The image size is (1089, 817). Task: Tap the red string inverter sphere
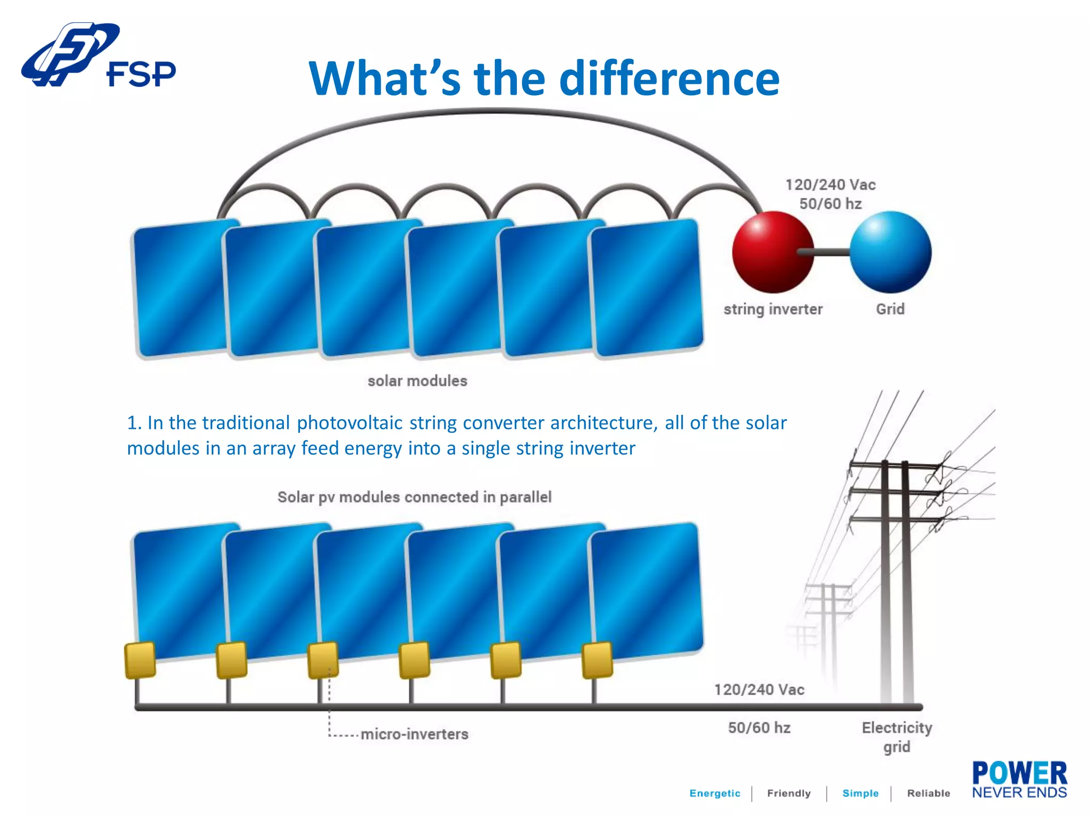tap(772, 252)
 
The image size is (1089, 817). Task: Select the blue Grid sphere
tap(890, 252)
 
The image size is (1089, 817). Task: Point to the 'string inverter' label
tap(773, 310)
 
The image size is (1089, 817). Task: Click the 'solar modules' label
tap(417, 381)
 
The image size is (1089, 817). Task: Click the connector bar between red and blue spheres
tap(831, 252)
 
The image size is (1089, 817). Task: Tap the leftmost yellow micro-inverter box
tap(140, 660)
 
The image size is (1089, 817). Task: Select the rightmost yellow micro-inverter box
tap(597, 660)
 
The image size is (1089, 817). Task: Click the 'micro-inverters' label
tap(414, 734)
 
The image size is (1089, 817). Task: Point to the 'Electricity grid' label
tap(897, 737)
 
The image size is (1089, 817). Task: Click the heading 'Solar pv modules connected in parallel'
tap(414, 497)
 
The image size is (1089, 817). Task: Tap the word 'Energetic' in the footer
tap(715, 793)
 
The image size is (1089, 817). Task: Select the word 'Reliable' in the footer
tap(928, 793)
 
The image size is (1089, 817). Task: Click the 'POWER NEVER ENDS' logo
tap(1019, 780)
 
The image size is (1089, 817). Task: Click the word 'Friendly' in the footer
tap(789, 793)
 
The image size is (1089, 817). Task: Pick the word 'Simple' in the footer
tap(860, 793)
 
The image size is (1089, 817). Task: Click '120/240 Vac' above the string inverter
tap(831, 185)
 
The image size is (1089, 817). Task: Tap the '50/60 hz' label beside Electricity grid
tap(759, 728)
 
